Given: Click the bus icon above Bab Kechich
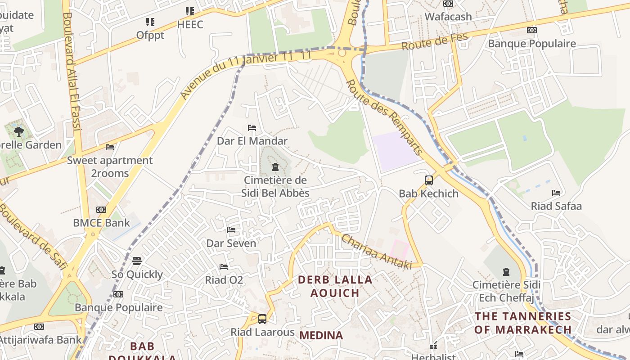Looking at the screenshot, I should [x=429, y=180].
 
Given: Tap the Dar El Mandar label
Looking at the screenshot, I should [x=252, y=141].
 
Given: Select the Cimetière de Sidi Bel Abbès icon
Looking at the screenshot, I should [x=275, y=167].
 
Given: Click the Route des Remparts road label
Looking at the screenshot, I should [x=385, y=117].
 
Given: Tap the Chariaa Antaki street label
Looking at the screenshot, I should [x=376, y=252].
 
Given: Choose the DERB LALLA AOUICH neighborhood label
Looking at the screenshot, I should [x=335, y=286].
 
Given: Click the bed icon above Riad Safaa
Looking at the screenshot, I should [x=556, y=193].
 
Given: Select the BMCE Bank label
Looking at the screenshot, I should [x=101, y=223].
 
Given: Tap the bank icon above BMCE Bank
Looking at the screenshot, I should [x=101, y=210].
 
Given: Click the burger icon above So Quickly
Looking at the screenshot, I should [x=137, y=261].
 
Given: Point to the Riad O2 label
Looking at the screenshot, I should [x=224, y=280].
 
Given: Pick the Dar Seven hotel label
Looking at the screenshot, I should [x=231, y=243].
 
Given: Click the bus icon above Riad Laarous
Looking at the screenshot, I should [x=262, y=319].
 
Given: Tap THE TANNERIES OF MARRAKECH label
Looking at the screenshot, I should [x=523, y=323].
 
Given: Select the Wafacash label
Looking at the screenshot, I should [x=448, y=17].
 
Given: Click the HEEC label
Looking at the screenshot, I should [x=190, y=24].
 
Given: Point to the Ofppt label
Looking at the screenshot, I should [x=150, y=35].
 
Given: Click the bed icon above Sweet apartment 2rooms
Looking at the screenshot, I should [x=110, y=147].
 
